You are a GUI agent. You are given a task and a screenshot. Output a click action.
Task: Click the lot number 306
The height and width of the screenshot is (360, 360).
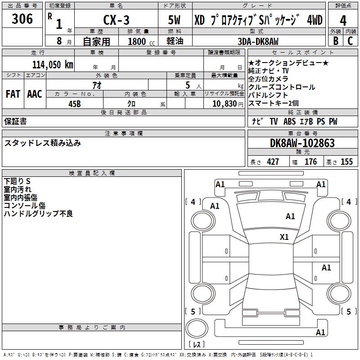[22, 19]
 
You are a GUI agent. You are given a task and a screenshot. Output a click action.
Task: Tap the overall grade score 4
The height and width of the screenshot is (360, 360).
[343, 20]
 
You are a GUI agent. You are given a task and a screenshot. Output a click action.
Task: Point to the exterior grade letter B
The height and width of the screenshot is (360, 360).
[335, 41]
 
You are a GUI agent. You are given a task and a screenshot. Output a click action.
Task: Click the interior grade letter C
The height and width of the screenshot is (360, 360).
[350, 41]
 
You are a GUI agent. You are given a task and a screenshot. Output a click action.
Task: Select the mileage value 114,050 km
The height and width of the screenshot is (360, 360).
[53, 64]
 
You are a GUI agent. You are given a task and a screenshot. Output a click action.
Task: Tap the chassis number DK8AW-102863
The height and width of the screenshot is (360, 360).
[302, 144]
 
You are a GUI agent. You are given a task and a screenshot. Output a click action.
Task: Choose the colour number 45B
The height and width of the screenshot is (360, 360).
[75, 103]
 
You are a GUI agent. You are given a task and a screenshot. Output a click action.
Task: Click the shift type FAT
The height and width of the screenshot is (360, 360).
[13, 94]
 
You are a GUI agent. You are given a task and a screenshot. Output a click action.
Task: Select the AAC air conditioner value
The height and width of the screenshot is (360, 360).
[35, 94]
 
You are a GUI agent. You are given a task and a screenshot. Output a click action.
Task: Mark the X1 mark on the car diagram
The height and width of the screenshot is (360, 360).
[284, 237]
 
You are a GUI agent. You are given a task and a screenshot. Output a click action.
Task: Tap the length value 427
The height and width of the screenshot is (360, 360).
[273, 162]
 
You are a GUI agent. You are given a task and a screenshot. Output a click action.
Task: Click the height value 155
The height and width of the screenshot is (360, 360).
[346, 162]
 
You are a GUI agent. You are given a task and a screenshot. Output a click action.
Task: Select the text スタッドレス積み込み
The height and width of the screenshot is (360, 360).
[42, 143]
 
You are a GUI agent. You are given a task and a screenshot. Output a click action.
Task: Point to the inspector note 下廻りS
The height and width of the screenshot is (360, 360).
[17, 181]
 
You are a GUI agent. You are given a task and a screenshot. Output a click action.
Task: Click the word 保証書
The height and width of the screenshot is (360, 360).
[15, 121]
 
